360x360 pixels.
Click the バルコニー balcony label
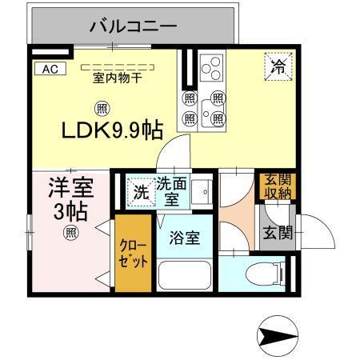[133, 26]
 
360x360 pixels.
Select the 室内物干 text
[117, 78]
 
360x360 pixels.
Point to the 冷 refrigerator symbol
[278, 66]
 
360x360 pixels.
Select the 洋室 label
[71, 191]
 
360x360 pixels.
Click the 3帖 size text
[71, 213]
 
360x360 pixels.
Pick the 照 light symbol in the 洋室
[70, 233]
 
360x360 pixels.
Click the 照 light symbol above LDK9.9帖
[102, 108]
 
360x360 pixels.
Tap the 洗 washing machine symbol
[140, 192]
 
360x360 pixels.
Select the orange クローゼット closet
[132, 254]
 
